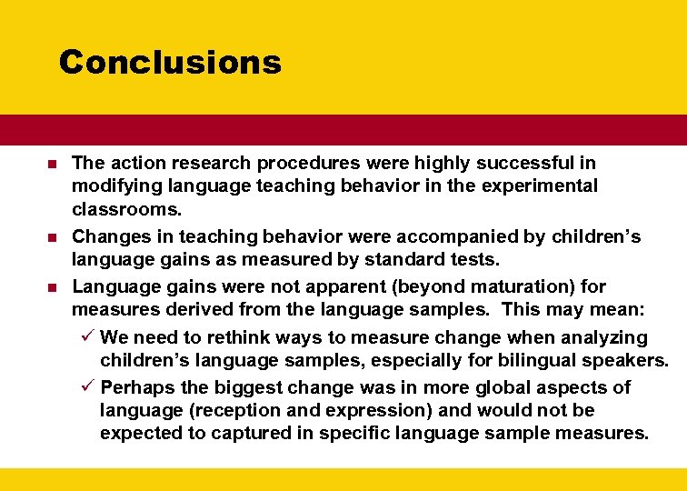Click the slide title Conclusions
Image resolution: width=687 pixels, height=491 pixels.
[x=170, y=62]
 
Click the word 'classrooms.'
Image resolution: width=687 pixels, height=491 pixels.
[x=127, y=209]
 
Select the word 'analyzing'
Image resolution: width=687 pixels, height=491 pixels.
[x=603, y=338]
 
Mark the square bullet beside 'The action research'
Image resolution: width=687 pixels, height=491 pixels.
[x=52, y=165]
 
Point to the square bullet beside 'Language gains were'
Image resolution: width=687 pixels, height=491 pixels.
[x=52, y=288]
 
